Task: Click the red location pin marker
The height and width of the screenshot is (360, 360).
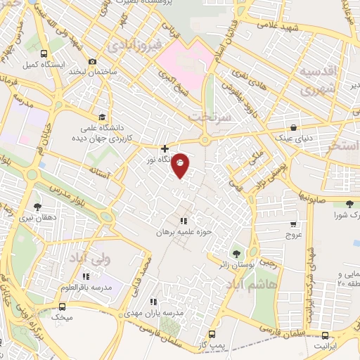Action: pyautogui.click(x=180, y=165)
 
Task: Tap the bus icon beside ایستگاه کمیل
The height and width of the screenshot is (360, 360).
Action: pyautogui.click(x=44, y=53)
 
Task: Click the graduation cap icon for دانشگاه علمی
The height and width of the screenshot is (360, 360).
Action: pyautogui.click(x=103, y=117)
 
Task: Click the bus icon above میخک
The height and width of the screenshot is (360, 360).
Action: pyautogui.click(x=62, y=307)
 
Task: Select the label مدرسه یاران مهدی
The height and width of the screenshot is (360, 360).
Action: pyautogui.click(x=158, y=312)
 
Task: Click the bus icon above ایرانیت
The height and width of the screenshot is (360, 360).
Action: pyautogui.click(x=325, y=335)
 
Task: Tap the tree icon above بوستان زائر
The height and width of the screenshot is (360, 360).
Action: pyautogui.click(x=236, y=253)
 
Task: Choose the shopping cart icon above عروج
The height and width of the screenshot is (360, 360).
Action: pyautogui.click(x=293, y=224)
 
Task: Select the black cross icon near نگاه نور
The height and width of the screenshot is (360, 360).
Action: pyautogui.click(x=165, y=148)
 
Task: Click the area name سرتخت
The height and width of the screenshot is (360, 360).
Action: pyautogui.click(x=211, y=114)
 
